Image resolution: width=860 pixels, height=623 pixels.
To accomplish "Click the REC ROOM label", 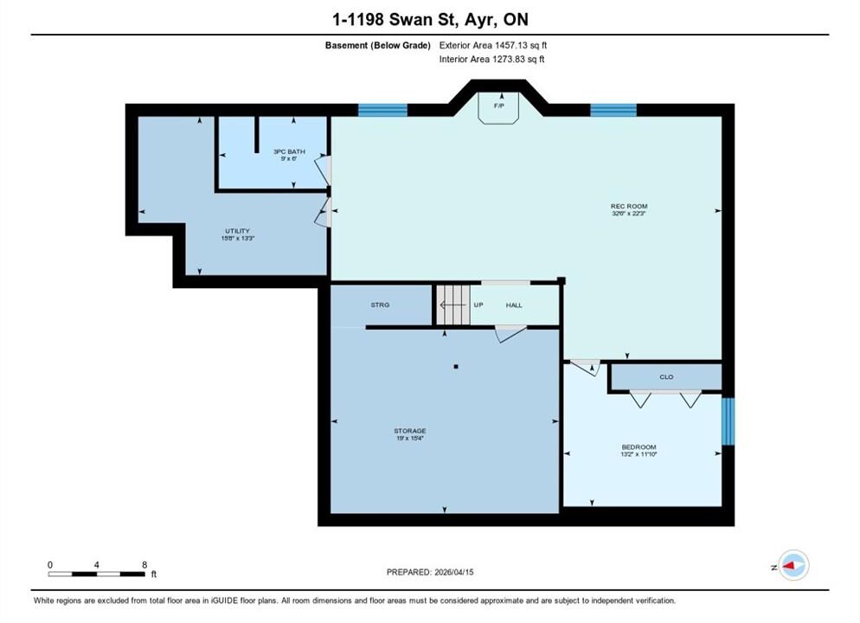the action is click(629, 206).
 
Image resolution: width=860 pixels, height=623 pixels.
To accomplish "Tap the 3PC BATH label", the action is click(289, 151).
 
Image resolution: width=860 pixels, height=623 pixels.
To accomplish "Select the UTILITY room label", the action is click(237, 231).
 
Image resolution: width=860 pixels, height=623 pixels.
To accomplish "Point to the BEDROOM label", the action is click(639, 447).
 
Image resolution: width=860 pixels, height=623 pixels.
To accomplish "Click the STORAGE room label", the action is click(410, 431).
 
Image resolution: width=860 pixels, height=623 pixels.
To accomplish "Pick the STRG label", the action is click(380, 305).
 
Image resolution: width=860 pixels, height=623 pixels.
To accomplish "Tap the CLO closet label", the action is click(666, 376).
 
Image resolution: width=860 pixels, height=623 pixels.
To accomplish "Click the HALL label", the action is click(514, 305).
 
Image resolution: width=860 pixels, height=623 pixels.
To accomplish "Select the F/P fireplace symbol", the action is click(498, 108).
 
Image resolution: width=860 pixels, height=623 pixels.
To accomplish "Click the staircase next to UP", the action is click(453, 305).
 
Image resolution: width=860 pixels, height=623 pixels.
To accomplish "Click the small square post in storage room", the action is click(456, 366).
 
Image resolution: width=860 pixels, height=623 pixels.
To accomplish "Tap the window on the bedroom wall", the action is click(728, 421).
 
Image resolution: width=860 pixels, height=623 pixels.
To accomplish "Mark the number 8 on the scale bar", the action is click(144, 565).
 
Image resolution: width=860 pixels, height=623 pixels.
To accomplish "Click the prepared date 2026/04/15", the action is click(453, 572).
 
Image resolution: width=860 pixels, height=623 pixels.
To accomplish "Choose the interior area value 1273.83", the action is click(509, 59).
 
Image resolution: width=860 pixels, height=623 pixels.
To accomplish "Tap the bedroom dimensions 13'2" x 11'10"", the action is click(639, 454).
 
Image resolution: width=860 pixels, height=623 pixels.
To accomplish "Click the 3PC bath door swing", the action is click(324, 170).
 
